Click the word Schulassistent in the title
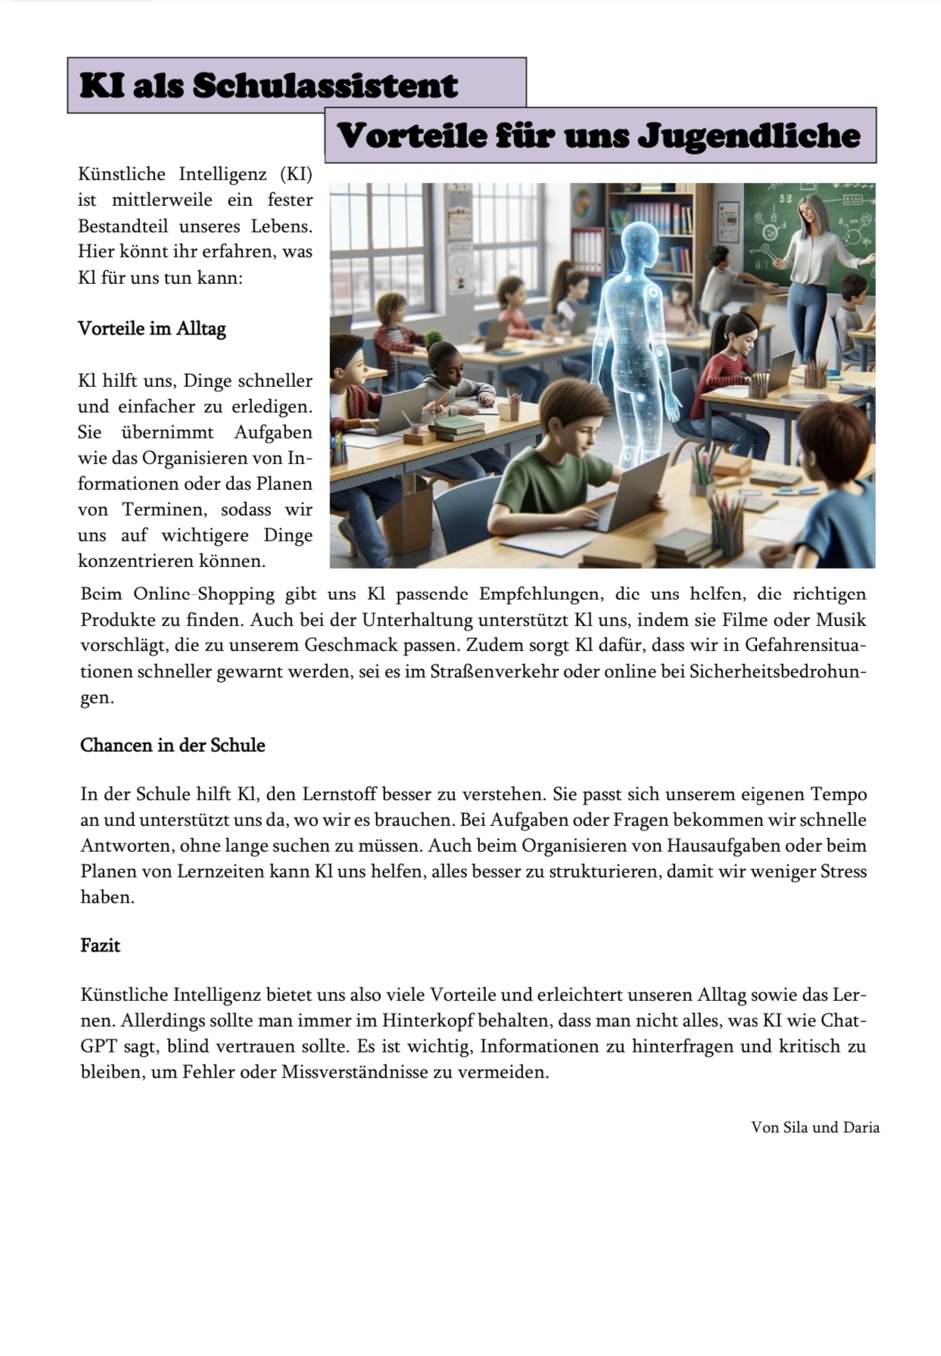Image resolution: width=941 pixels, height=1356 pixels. (x=325, y=86)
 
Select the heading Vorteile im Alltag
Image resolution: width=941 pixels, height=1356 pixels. (x=152, y=329)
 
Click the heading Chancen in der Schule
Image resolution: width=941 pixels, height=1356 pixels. (x=173, y=745)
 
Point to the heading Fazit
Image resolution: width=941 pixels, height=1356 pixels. (x=101, y=946)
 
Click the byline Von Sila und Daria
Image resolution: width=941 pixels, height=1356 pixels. (x=815, y=1127)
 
